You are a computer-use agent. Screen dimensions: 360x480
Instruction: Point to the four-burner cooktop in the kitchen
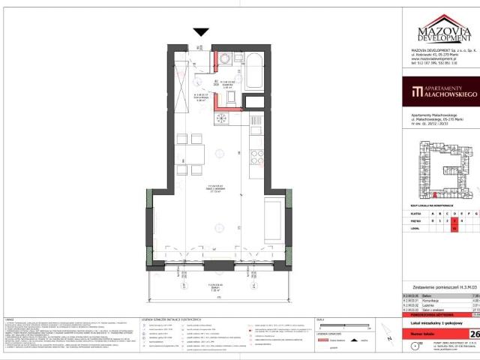coord(257,156)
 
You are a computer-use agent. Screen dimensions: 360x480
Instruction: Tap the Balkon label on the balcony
coord(217,264)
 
